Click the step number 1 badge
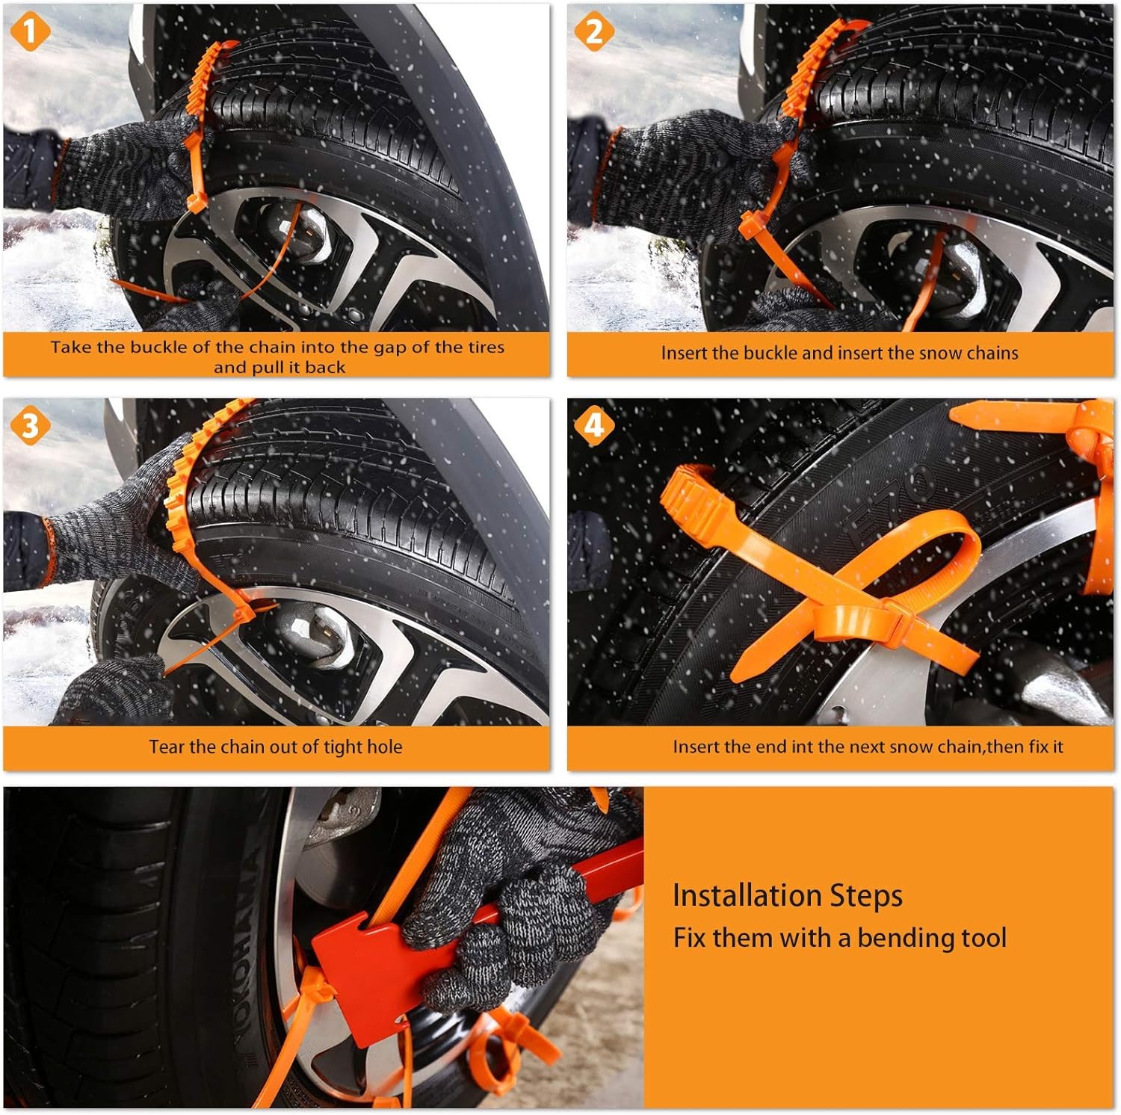click(x=30, y=32)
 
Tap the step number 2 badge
click(x=594, y=32)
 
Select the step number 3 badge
click(x=30, y=426)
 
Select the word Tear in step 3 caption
click(x=166, y=747)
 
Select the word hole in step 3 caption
click(x=384, y=747)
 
